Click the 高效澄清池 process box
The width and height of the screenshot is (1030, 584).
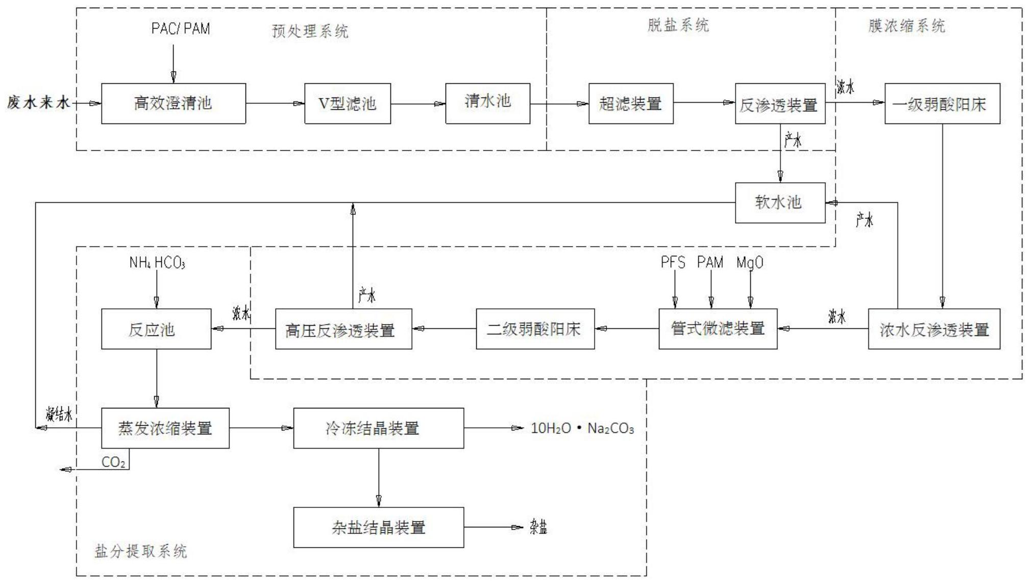[x=173, y=104]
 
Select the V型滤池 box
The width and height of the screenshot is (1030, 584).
[x=348, y=104]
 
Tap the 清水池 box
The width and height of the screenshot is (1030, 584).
[x=487, y=104]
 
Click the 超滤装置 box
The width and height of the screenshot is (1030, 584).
[x=630, y=104]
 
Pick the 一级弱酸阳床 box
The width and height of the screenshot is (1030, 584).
[x=942, y=104]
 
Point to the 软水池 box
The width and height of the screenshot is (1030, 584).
[x=779, y=203]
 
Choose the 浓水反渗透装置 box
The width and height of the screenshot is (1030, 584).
[x=934, y=329]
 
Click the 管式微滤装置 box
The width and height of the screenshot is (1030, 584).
[x=718, y=329]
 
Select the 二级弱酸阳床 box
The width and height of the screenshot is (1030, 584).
[x=535, y=329]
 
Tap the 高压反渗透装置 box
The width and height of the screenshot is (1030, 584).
[x=344, y=329]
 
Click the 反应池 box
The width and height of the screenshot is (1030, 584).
[x=156, y=329]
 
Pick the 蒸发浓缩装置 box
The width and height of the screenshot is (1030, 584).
[x=165, y=428]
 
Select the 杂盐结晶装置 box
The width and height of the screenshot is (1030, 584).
[x=378, y=527]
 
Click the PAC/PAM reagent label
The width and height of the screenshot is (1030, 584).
[x=180, y=29]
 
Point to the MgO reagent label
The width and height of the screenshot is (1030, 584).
[x=749, y=263]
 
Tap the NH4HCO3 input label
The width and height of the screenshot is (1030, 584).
[x=157, y=263]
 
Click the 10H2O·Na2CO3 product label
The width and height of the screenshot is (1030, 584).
[x=582, y=428]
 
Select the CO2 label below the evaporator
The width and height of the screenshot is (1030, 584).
[x=113, y=463]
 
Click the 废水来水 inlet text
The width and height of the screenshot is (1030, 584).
[x=38, y=103]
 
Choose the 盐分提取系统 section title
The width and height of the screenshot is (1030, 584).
[x=141, y=551]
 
